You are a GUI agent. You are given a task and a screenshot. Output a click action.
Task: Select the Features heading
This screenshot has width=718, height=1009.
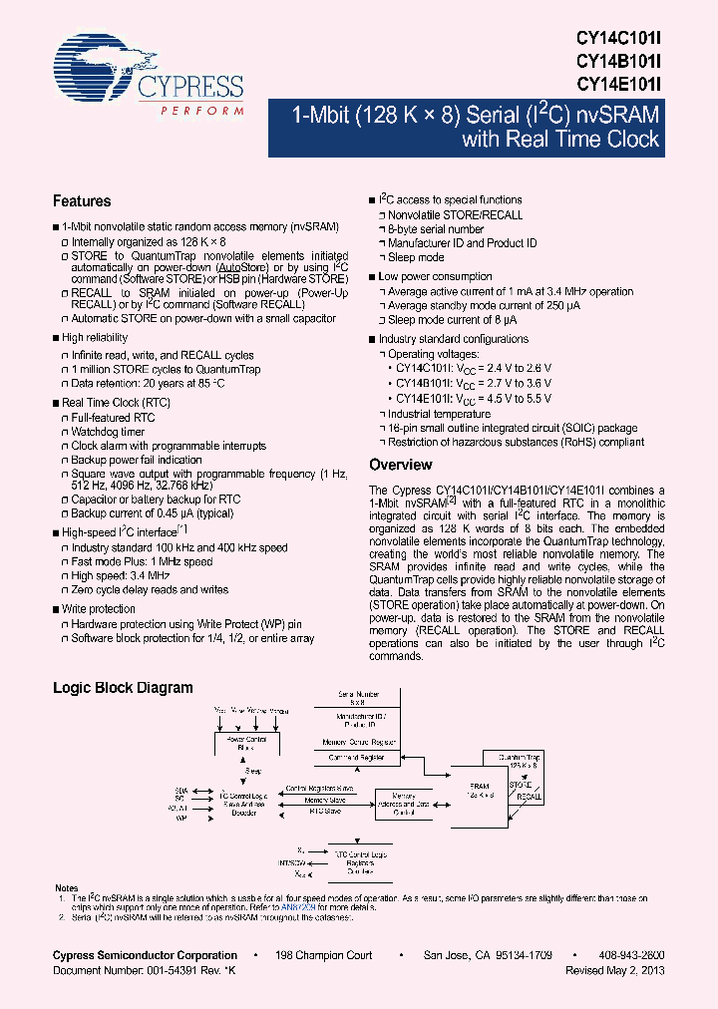click(x=82, y=200)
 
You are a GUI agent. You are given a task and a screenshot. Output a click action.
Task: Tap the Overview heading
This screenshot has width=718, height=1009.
click(x=401, y=465)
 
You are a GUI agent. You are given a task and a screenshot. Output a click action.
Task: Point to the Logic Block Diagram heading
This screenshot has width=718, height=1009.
click(x=123, y=688)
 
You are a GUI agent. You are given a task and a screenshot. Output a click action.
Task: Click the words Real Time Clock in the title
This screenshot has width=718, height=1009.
click(x=560, y=139)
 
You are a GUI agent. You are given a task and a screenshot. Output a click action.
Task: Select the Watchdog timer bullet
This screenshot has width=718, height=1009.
click(x=108, y=432)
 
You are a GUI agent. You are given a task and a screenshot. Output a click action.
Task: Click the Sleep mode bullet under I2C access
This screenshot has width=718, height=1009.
click(x=416, y=257)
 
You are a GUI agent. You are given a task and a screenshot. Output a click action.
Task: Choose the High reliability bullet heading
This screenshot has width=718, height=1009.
click(x=95, y=338)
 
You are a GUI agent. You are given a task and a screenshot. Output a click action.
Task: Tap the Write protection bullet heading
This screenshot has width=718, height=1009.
click(x=99, y=608)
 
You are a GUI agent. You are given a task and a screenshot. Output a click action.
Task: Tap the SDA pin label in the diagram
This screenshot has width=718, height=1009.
click(x=182, y=787)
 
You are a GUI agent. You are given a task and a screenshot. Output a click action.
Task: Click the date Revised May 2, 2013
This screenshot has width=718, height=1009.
click(x=615, y=970)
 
